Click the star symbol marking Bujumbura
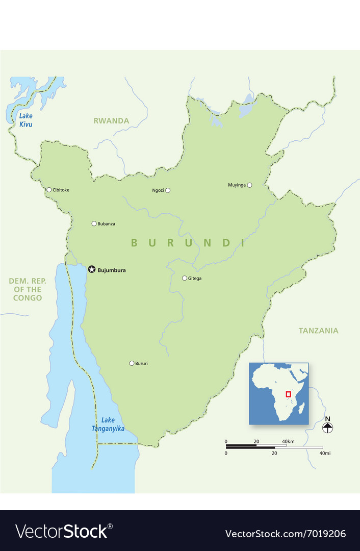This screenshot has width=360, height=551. [x=92, y=269]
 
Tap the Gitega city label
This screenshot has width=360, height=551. [x=195, y=278]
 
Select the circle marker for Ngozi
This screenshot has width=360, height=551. [x=168, y=190]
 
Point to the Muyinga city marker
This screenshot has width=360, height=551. [x=249, y=185]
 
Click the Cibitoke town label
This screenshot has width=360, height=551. [x=61, y=190]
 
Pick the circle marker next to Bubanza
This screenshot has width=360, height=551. [x=94, y=223]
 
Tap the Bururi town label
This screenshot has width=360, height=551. [x=141, y=363]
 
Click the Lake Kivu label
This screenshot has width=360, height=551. [x=26, y=120]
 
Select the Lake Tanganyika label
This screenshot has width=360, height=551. [x=108, y=424]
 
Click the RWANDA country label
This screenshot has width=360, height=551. [x=111, y=121]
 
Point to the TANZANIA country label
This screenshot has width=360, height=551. [x=318, y=331]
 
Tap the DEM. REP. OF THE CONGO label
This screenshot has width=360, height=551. [x=25, y=289]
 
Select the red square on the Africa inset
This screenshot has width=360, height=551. [x=288, y=394]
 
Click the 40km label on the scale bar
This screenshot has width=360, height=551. [x=288, y=441]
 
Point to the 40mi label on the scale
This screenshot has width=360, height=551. [x=324, y=453]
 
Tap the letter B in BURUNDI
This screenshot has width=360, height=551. [x=134, y=243]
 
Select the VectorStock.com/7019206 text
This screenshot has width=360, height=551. [x=286, y=534]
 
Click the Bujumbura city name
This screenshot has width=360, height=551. [x=111, y=270]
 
